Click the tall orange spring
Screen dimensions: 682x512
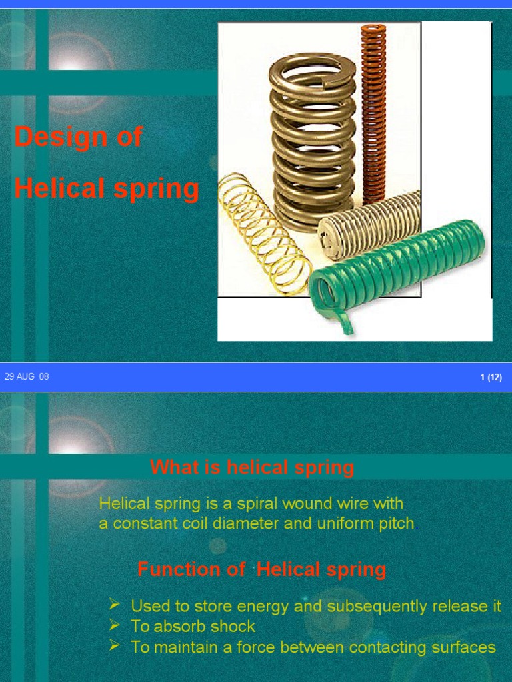point(373,113)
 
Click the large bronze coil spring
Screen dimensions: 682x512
point(313,140)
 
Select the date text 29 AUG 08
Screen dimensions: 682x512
point(27,377)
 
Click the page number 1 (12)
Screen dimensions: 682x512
point(491,378)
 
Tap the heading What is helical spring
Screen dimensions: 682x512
point(252,468)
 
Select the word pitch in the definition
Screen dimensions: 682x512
point(394,523)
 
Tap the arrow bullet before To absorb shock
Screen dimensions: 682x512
point(115,625)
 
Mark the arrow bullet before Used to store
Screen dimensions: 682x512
point(115,605)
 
